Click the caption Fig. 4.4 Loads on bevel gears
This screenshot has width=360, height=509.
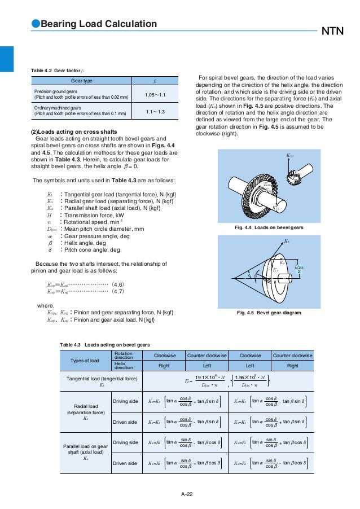tap(269, 227)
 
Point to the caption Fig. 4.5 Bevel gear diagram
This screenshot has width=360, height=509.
tap(269, 312)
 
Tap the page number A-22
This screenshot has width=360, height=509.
tap(187, 494)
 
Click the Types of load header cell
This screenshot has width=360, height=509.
tap(83, 361)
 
